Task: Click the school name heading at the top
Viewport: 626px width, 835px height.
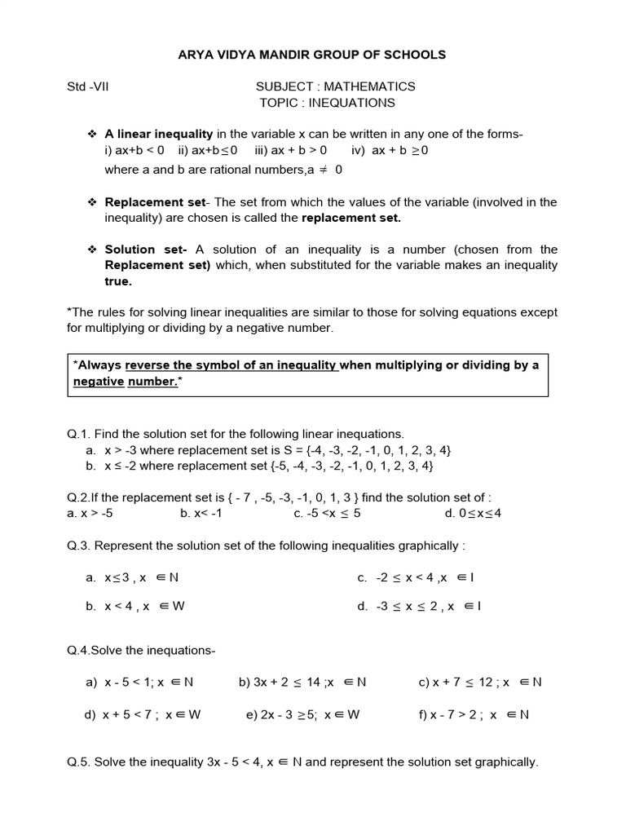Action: [x=312, y=55]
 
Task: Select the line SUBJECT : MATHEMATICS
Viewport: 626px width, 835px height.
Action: [x=335, y=86]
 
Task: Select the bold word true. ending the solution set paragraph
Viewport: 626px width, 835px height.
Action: [x=117, y=281]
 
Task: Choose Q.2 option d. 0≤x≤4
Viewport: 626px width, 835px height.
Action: [x=473, y=513]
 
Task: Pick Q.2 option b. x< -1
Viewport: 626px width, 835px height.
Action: [x=201, y=513]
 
